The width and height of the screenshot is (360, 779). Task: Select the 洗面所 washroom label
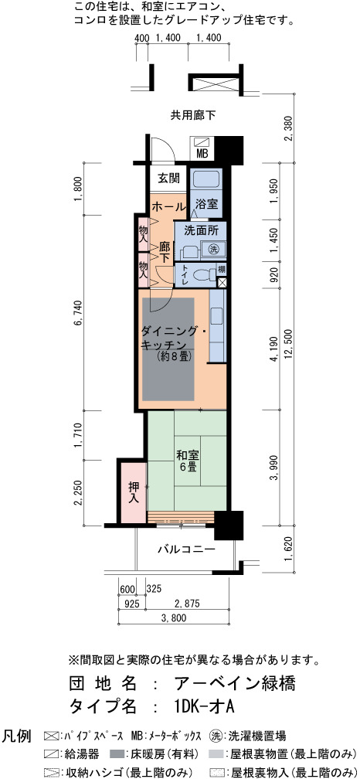coord(199,231)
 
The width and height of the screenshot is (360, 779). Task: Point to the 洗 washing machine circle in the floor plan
coord(213,248)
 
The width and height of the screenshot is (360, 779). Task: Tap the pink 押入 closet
coord(133,492)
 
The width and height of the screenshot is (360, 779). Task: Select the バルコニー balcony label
coord(186,550)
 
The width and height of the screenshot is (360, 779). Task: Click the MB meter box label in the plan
coord(202,154)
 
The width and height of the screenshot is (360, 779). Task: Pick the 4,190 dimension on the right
coord(274,350)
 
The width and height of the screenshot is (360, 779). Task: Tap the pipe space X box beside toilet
coord(222,283)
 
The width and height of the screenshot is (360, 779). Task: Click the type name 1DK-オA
coord(204,706)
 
